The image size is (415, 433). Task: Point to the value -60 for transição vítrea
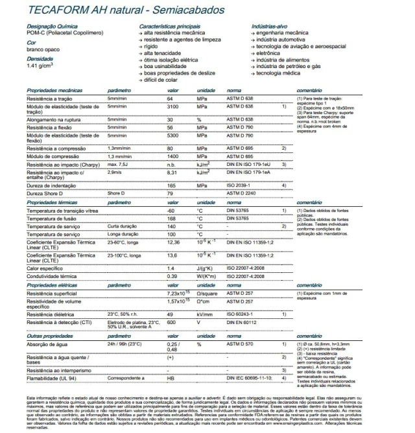coord(172,211)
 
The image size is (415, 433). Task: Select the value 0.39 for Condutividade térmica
coord(172,276)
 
